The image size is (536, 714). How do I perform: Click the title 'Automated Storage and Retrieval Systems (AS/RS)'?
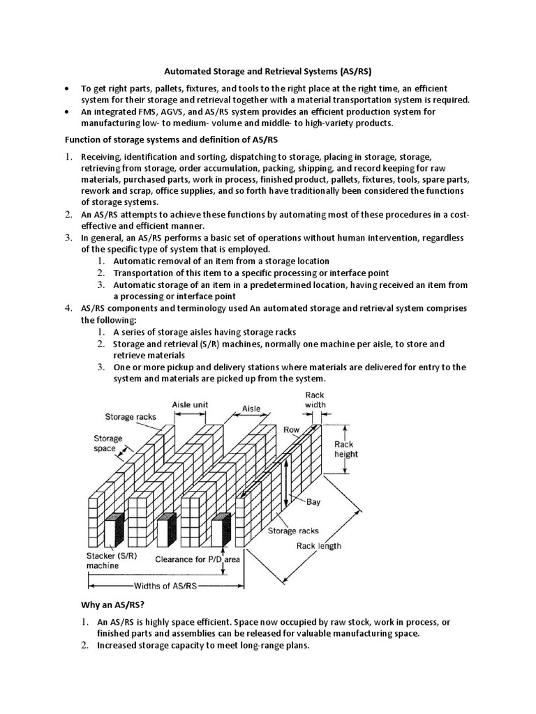(x=268, y=71)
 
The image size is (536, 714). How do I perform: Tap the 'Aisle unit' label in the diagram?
(x=190, y=404)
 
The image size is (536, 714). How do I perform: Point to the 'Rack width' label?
(x=315, y=400)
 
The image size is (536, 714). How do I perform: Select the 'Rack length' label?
(x=319, y=545)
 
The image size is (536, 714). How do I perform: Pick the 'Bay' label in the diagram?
(x=313, y=502)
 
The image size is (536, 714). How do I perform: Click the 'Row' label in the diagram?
(x=291, y=430)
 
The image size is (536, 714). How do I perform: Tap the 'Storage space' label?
(x=108, y=443)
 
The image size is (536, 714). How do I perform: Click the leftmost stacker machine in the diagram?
(x=114, y=531)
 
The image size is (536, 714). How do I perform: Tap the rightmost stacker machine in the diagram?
(x=221, y=531)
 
